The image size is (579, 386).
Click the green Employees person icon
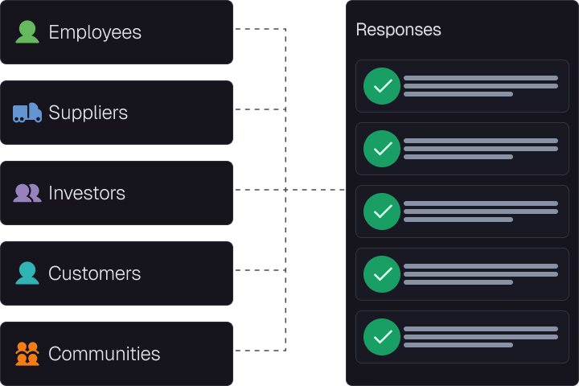(x=27, y=32)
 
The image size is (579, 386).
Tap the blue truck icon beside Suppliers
(x=27, y=113)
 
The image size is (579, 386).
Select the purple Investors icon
(x=27, y=193)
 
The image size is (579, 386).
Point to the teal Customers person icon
(x=27, y=273)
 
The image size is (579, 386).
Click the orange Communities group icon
(x=27, y=354)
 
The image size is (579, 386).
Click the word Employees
(x=95, y=32)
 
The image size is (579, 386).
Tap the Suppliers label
(x=88, y=113)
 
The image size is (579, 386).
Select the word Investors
(x=87, y=193)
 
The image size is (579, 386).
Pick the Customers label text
(x=95, y=273)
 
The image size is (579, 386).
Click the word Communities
(x=104, y=354)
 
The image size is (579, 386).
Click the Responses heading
(x=398, y=30)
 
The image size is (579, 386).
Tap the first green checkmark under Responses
(x=382, y=86)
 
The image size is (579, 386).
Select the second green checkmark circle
(x=382, y=149)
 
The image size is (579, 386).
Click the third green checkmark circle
(x=382, y=211)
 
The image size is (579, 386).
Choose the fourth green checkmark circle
(x=382, y=274)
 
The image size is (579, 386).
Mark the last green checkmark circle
(x=382, y=337)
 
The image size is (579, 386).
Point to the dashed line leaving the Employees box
(x=261, y=29)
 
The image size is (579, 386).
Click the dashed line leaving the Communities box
(x=261, y=351)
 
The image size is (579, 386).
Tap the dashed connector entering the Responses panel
(x=316, y=190)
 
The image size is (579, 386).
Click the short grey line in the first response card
(x=458, y=94)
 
